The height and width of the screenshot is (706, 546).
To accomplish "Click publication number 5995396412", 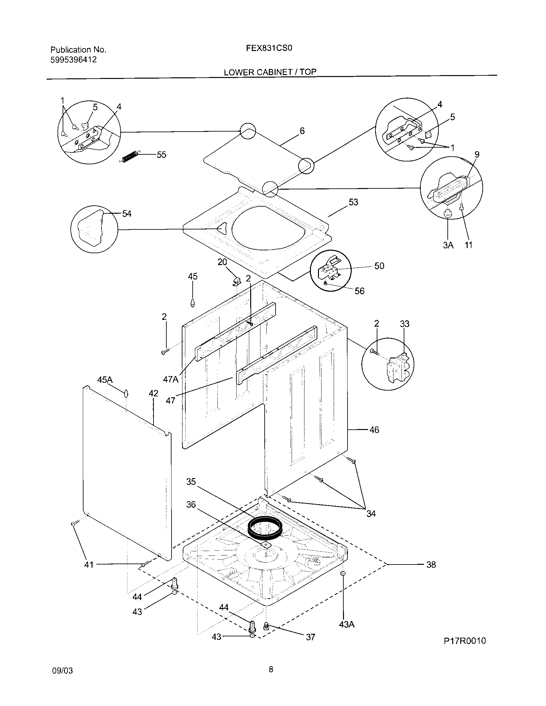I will click(74, 60).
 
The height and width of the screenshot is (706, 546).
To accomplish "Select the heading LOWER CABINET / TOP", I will click(270, 72).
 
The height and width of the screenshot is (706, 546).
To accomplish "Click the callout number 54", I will click(127, 214).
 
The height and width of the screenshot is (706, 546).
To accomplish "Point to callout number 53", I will click(353, 202).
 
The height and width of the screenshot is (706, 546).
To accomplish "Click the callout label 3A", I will click(448, 245).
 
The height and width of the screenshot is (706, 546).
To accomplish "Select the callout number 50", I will click(379, 266).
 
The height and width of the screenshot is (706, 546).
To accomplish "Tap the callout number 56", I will click(359, 291).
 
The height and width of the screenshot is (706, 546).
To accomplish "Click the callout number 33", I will click(405, 324).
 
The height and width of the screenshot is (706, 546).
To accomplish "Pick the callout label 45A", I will click(105, 380).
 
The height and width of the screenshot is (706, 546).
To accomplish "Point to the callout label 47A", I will click(171, 379).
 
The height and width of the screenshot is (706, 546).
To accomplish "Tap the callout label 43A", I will click(347, 624).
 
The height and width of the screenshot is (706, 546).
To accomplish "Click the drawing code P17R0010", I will click(464, 641).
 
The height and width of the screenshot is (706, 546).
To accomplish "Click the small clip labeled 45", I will click(192, 303).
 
